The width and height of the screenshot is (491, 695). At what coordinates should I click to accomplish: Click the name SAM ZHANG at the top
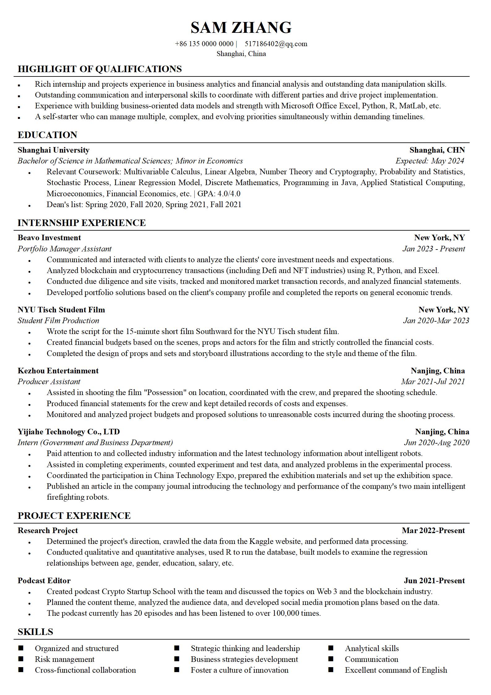(x=241, y=28)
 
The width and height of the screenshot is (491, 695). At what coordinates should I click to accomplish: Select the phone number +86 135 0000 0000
(x=204, y=44)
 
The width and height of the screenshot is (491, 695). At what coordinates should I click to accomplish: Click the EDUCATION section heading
(x=47, y=135)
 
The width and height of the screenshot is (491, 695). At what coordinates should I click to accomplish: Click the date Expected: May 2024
(x=430, y=161)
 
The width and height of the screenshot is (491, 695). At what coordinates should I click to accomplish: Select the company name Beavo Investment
(x=49, y=238)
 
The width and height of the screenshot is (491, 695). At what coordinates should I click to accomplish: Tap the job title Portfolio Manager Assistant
(x=64, y=249)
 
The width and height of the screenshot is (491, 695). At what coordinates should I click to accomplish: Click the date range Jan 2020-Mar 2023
(x=436, y=321)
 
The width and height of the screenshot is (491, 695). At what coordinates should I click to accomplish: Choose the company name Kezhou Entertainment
(x=58, y=371)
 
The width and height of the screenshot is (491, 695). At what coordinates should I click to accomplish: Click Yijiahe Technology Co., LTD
(x=69, y=432)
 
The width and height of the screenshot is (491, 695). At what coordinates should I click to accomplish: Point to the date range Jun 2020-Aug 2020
(x=437, y=443)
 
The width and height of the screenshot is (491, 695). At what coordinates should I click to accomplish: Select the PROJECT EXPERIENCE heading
(x=74, y=516)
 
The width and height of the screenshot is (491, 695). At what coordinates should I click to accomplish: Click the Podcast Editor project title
(x=44, y=581)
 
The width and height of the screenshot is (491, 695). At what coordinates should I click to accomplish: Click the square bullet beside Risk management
(x=21, y=659)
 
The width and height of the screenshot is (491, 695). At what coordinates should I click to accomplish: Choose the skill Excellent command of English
(x=396, y=670)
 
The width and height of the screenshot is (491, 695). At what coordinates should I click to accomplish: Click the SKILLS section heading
(x=35, y=632)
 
